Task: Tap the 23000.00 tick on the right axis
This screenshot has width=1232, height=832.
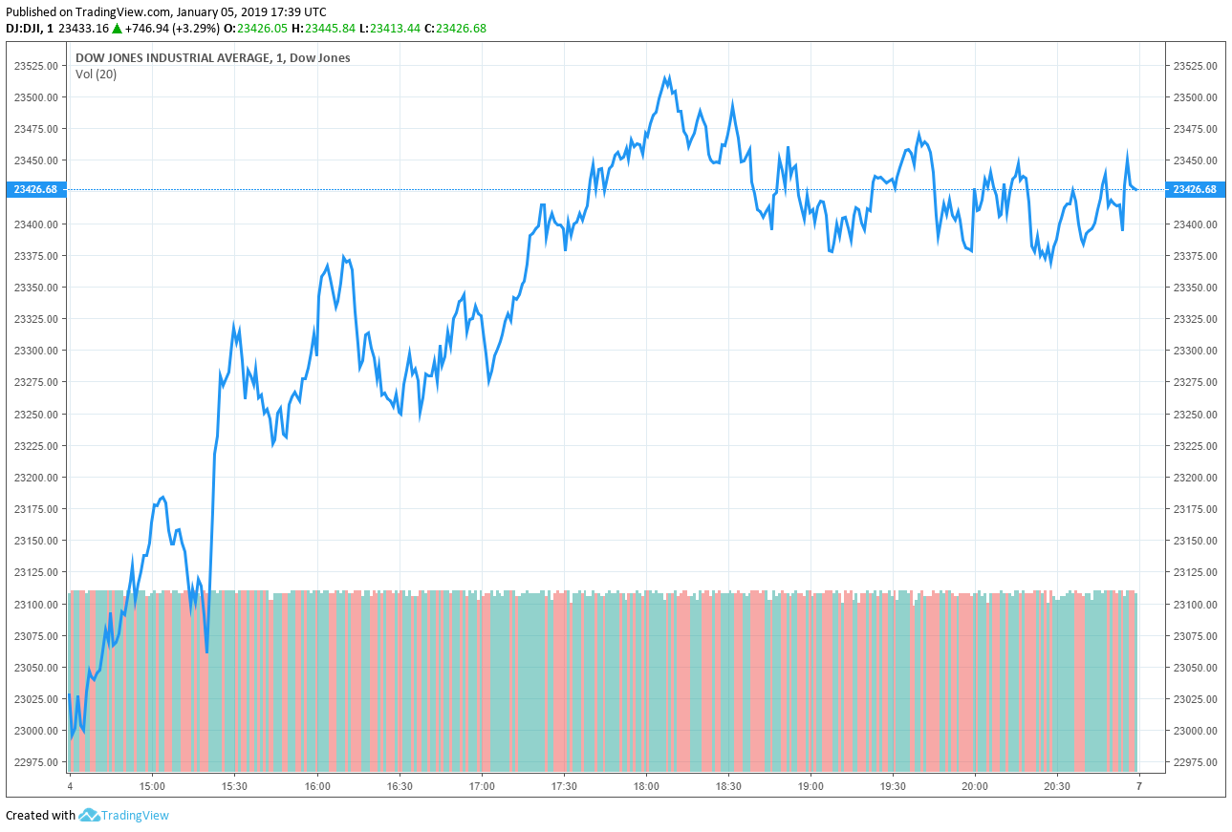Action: coord(1194,731)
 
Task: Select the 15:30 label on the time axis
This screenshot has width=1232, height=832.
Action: coord(234,786)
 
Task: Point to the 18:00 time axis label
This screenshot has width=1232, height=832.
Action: coord(646,786)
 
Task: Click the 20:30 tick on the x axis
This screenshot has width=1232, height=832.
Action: coord(1057,786)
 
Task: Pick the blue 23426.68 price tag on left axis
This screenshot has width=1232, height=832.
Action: coord(35,189)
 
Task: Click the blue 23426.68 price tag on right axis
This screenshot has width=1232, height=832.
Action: coord(1194,189)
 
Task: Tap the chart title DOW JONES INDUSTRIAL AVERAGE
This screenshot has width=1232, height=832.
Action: coord(172,58)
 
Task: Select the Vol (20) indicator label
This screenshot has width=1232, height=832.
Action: coord(96,75)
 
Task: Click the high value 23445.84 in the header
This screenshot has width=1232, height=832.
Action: coord(330,28)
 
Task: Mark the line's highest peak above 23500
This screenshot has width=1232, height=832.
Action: coord(668,77)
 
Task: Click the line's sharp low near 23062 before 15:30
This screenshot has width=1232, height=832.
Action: coord(206,653)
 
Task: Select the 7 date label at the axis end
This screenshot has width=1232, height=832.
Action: coord(1138,786)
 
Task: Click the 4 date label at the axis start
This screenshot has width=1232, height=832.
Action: coord(70,786)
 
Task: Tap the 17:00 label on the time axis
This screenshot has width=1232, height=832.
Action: coord(482,786)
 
